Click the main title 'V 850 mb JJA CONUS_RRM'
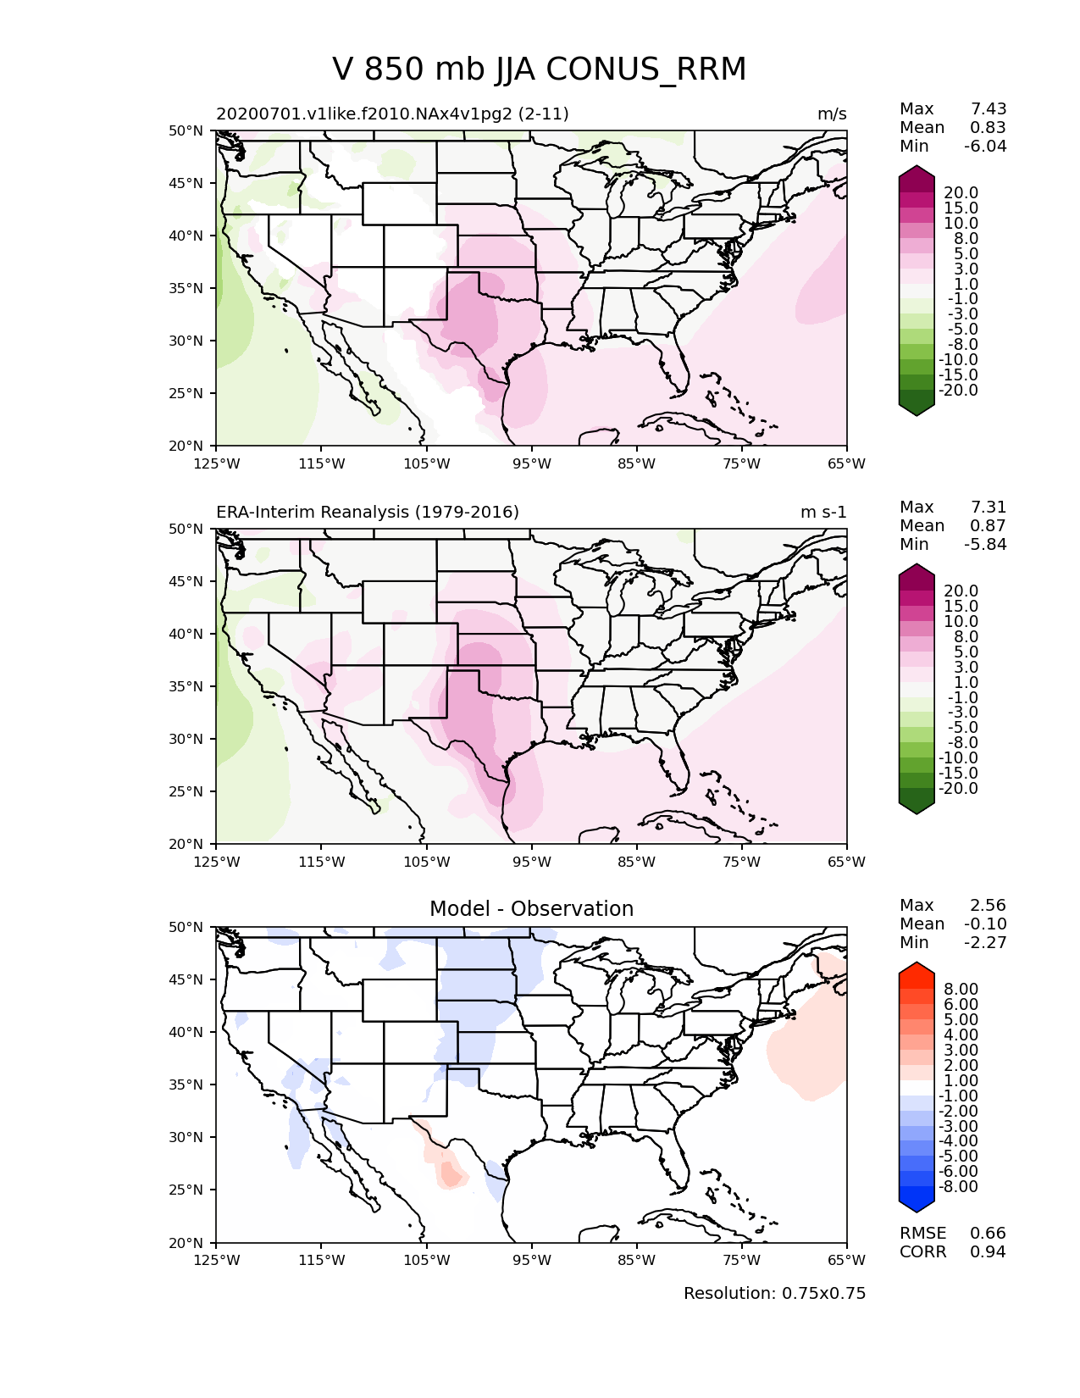(539, 69)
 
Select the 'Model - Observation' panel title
(531, 908)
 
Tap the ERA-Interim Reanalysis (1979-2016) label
(368, 512)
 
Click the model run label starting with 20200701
(392, 114)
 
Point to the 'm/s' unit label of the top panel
(832, 114)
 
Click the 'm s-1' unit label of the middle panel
(823, 512)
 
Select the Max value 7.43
(988, 108)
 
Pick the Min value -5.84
(985, 544)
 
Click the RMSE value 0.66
(988, 1234)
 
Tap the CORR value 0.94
(988, 1252)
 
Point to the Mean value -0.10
(985, 924)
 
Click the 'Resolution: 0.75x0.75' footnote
(774, 1293)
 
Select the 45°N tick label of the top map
(186, 183)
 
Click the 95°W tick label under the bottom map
(532, 1260)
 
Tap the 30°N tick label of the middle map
(186, 739)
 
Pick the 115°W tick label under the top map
(322, 463)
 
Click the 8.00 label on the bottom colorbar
(961, 990)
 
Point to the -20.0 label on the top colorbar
(958, 391)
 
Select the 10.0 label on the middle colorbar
(961, 622)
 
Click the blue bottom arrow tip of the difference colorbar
(916, 1212)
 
